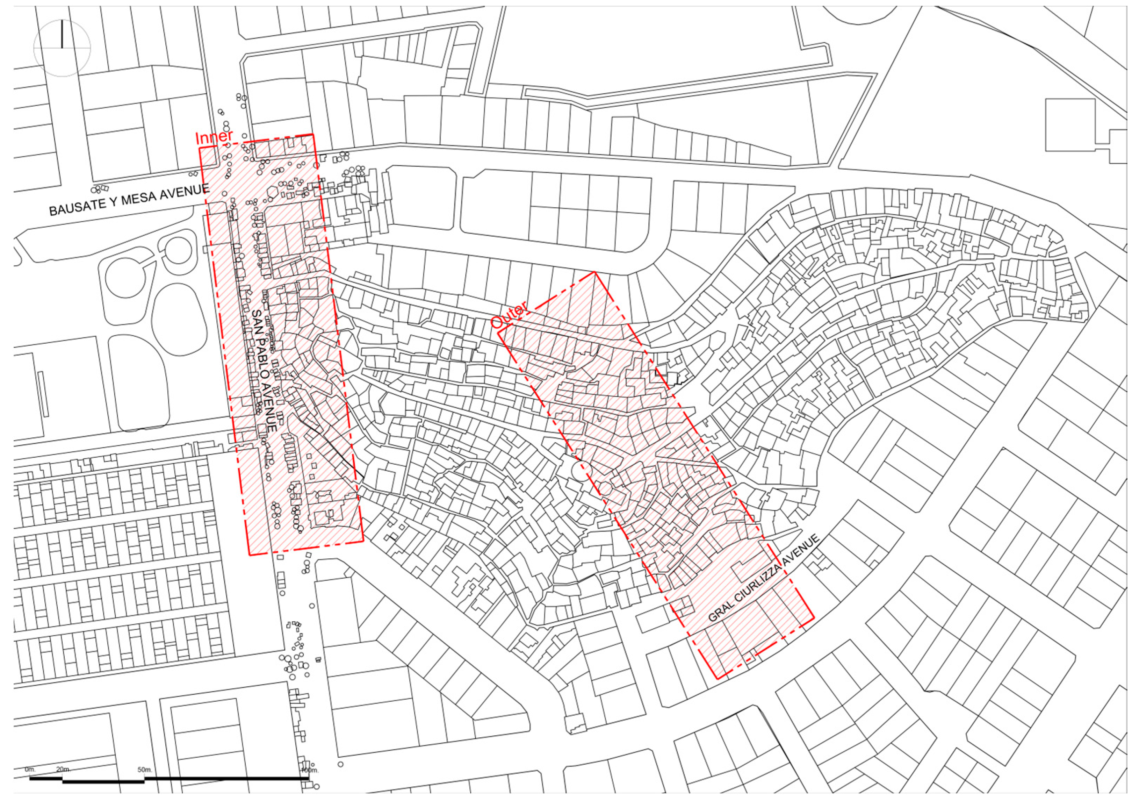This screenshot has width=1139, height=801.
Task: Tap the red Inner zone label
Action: [214, 137]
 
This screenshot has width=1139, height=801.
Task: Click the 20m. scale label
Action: [63, 769]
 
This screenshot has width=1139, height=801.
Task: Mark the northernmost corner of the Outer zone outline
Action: [594, 272]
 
